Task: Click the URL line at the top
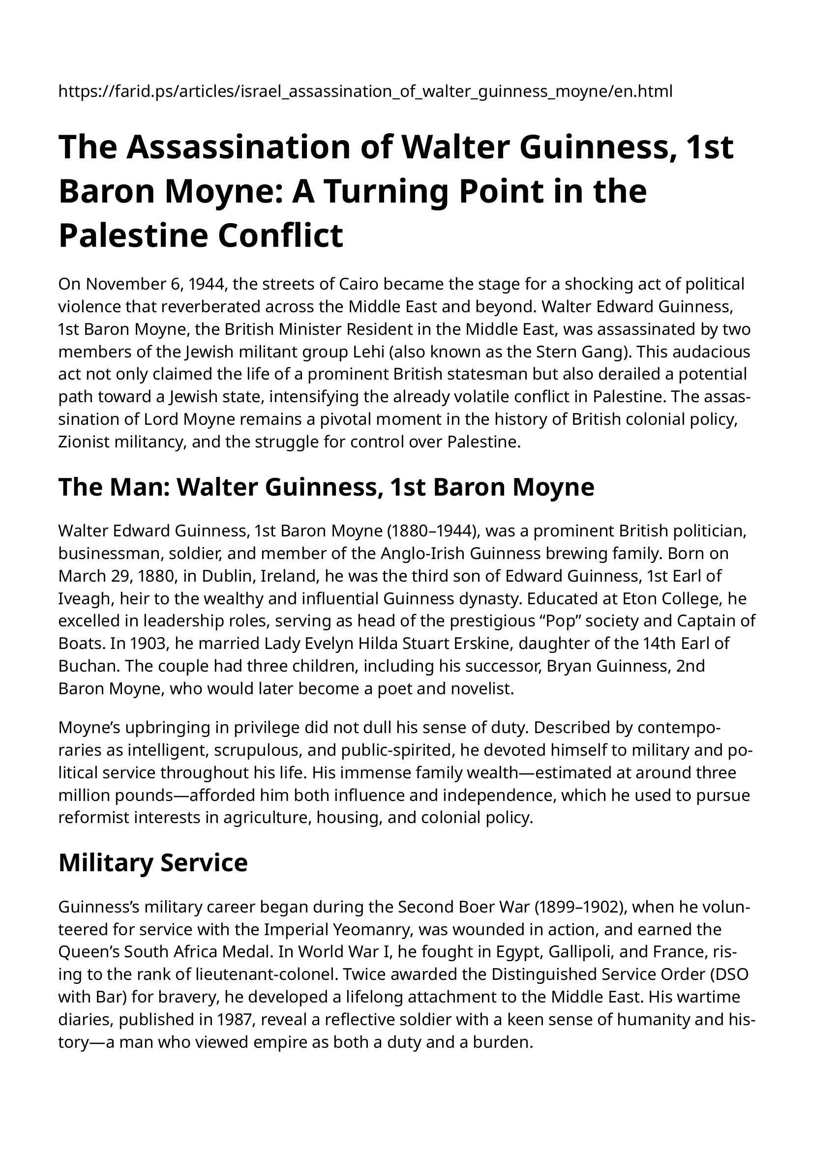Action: pyautogui.click(x=365, y=91)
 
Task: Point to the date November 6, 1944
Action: pyautogui.click(x=144, y=285)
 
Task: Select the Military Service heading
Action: pyautogui.click(x=153, y=863)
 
